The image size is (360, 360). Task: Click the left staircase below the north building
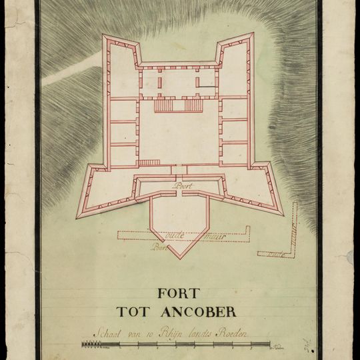pos(164,105)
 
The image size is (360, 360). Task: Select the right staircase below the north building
pos(193,105)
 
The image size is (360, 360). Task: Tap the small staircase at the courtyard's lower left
pos(149,162)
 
